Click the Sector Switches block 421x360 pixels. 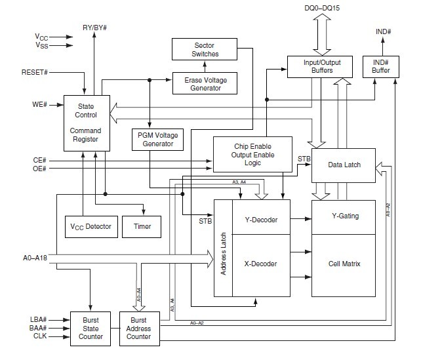coord(204,49)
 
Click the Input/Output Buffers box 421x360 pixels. coord(318,66)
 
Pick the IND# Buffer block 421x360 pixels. coord(381,66)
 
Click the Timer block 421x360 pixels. coord(142,226)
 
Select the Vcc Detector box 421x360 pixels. coord(91,226)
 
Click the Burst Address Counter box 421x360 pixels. coord(138,328)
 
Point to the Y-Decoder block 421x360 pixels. coord(261,220)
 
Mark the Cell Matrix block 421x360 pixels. coord(344,264)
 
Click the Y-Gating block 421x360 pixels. coord(344,216)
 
